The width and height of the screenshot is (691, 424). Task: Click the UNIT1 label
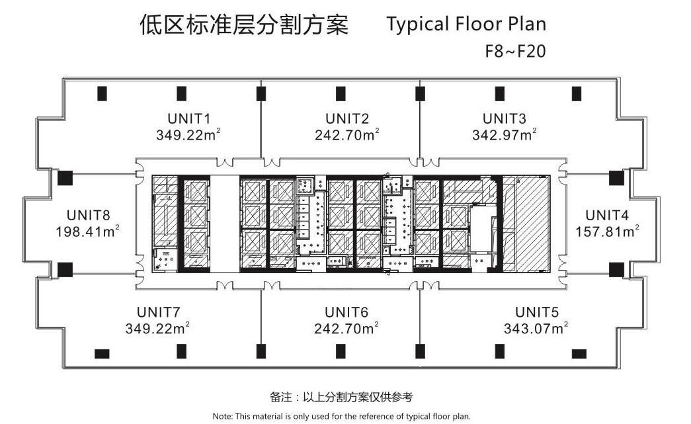(x=188, y=118)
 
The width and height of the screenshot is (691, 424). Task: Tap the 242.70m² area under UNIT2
(x=346, y=134)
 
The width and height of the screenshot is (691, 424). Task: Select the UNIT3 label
(x=504, y=118)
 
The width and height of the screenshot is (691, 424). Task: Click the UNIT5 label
(x=537, y=312)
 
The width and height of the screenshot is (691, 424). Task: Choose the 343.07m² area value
(x=536, y=328)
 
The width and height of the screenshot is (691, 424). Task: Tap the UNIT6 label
(x=346, y=312)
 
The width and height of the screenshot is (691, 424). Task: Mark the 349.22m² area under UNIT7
(x=157, y=328)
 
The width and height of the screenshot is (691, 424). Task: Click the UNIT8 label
(x=88, y=215)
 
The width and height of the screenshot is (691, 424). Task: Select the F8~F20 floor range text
(x=515, y=51)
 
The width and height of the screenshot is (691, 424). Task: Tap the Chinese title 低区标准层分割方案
(x=244, y=24)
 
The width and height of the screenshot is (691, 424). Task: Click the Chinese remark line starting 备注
(x=342, y=397)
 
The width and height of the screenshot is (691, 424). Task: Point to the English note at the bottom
(x=342, y=416)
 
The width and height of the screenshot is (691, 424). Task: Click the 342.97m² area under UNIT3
(x=504, y=134)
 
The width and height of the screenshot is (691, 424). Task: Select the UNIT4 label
(x=607, y=215)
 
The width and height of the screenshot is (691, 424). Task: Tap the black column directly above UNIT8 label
(x=65, y=178)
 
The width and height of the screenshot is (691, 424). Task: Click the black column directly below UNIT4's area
(x=616, y=270)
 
